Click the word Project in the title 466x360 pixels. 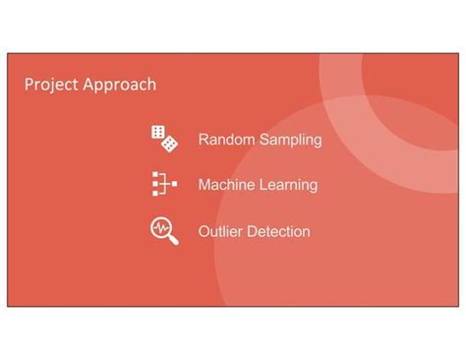[50, 85]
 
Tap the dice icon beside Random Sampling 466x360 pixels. [164, 139]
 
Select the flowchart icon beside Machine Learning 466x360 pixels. [163, 184]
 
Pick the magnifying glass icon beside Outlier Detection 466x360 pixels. [164, 231]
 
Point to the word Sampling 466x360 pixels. [290, 140]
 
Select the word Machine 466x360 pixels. [225, 185]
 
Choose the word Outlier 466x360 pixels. [221, 232]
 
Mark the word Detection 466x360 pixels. [279, 232]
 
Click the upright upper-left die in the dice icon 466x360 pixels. [157, 133]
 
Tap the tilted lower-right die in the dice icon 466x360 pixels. [170, 144]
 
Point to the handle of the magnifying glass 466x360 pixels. [174, 240]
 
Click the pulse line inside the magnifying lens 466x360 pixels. [160, 228]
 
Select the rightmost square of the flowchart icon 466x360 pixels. [173, 184]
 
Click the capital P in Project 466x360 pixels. [29, 85]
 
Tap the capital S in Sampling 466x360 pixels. [263, 140]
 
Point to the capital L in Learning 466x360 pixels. [261, 185]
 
